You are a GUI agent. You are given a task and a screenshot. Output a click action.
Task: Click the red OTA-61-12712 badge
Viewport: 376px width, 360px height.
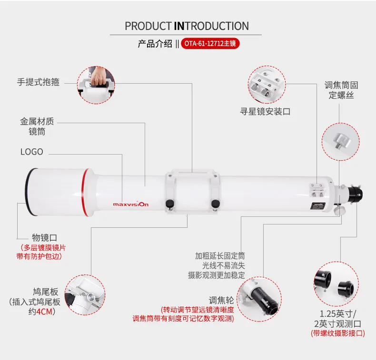[209, 44]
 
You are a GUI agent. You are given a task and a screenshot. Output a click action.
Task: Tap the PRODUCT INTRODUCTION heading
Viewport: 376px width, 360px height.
[187, 26]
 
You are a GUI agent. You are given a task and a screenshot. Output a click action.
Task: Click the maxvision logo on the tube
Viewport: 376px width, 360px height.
[130, 204]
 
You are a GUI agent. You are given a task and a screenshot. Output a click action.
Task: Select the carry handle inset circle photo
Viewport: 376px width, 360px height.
[98, 84]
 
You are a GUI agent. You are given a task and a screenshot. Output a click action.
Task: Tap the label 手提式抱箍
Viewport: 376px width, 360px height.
[39, 82]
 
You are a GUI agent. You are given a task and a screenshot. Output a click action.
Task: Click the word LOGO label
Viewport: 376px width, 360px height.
[31, 152]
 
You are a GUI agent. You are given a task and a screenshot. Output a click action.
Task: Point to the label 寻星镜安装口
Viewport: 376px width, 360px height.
[265, 112]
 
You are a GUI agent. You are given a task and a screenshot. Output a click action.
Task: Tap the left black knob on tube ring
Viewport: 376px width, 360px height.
[169, 204]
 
